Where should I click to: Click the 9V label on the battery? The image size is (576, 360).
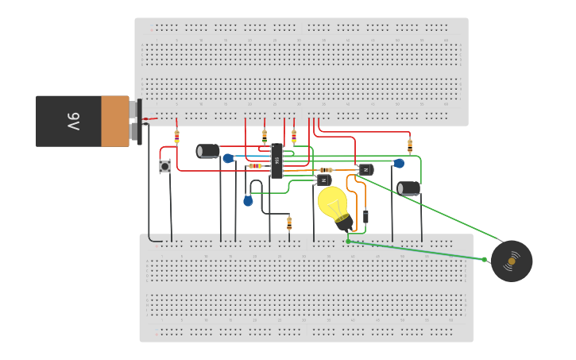(x=73, y=122)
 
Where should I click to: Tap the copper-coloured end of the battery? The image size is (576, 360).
(x=115, y=122)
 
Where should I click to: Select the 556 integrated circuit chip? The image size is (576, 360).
(x=276, y=161)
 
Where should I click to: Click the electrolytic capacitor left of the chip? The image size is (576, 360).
(x=208, y=150)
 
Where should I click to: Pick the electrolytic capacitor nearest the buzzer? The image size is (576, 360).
(x=409, y=188)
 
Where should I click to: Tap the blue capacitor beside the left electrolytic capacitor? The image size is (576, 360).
(x=229, y=158)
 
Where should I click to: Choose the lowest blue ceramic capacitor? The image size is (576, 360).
(x=248, y=200)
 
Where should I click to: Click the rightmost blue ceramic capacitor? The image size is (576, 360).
(x=399, y=164)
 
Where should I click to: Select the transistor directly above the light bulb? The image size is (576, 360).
(x=324, y=180)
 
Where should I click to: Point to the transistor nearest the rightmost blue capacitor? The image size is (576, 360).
(x=365, y=168)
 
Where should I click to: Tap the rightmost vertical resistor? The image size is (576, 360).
(x=410, y=145)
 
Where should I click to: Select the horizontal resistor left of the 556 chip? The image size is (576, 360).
(x=256, y=166)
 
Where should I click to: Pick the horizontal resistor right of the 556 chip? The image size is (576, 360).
(x=326, y=170)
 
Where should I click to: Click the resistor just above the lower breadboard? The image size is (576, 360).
(x=289, y=223)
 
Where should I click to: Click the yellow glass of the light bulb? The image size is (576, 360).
(x=333, y=201)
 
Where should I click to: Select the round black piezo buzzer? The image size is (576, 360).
(x=512, y=261)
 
